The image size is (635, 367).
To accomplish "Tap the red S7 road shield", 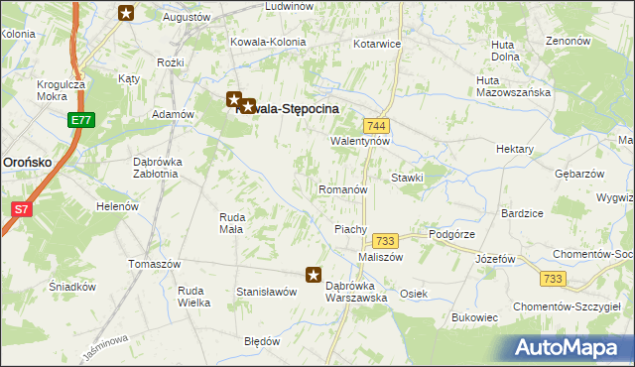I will click(21, 209).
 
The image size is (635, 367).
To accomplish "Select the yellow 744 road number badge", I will click(376, 126).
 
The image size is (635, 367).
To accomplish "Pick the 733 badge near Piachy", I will click(385, 241).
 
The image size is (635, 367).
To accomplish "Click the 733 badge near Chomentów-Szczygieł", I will click(553, 280).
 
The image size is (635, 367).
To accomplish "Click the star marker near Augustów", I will click(126, 13).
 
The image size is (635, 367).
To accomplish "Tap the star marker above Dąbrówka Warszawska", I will click(314, 275).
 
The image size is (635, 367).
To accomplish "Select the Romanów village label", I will click(343, 188).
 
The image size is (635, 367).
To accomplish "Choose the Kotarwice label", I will click(375, 45).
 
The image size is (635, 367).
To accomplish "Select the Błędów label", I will click(262, 340).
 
